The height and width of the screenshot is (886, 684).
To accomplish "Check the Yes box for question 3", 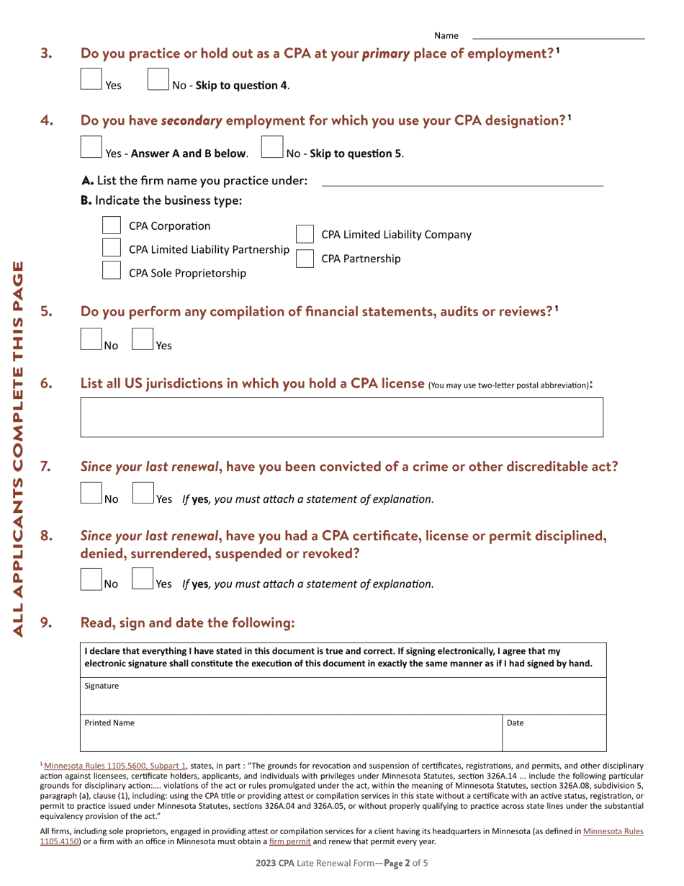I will click(x=91, y=79).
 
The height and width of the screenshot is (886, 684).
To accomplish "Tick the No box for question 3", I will click(x=158, y=79).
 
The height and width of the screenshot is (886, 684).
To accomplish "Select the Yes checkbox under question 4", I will click(x=91, y=147).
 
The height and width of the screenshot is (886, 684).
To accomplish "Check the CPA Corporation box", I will click(x=111, y=225).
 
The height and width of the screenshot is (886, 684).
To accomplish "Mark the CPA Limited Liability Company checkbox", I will click(x=305, y=234).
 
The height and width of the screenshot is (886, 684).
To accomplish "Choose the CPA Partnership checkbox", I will click(x=305, y=259).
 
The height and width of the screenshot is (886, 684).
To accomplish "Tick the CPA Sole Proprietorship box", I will click(x=111, y=271).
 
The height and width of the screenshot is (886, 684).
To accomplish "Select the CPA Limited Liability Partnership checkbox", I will click(x=111, y=249).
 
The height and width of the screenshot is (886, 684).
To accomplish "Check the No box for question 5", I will click(x=91, y=339).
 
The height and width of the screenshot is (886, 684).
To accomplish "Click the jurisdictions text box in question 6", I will click(x=341, y=416).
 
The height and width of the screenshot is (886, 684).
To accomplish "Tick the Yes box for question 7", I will click(x=143, y=493).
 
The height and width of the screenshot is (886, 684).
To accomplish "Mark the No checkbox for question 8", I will click(x=91, y=579).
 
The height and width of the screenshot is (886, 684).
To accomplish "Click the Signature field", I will click(x=343, y=696).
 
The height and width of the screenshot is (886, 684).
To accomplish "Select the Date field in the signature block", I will click(x=554, y=733).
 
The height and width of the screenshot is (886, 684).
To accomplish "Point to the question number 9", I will click(x=46, y=622).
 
